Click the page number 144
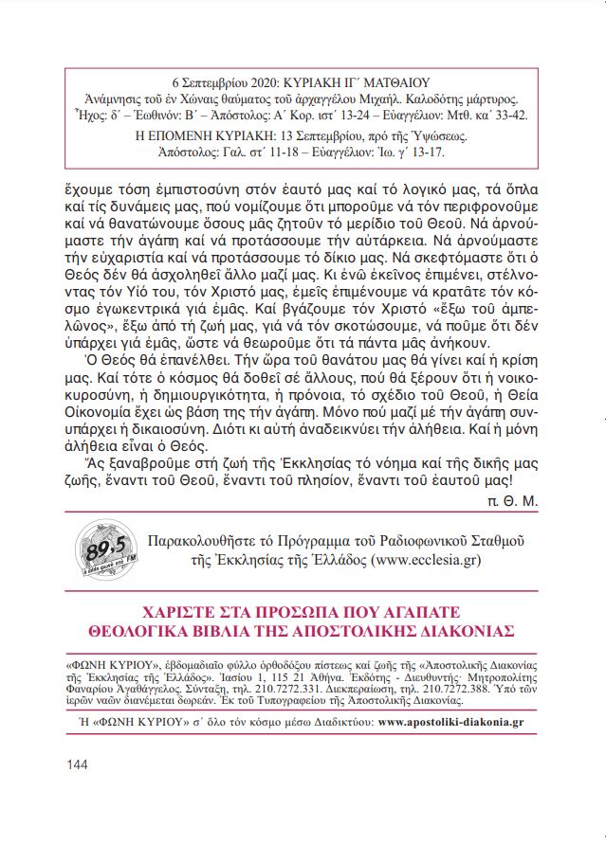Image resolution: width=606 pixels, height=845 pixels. pos(78,764)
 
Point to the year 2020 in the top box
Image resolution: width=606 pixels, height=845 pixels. pos(258,83)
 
